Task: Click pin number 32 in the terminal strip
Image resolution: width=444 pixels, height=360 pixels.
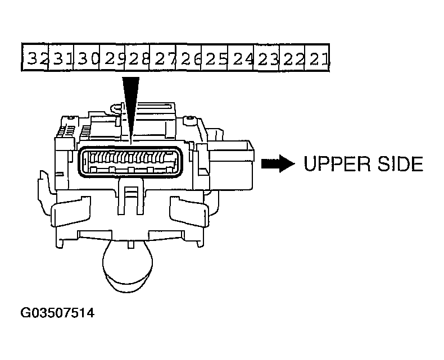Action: click(x=35, y=57)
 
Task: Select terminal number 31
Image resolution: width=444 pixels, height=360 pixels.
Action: click(x=61, y=57)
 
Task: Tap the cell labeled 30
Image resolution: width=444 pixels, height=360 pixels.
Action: click(x=87, y=57)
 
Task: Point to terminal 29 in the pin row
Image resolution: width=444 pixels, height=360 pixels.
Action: click(x=112, y=57)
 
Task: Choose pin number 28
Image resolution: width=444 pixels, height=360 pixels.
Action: click(x=137, y=57)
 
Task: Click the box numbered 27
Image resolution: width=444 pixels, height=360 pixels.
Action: click(x=163, y=57)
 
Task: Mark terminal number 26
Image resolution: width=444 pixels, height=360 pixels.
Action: click(x=189, y=57)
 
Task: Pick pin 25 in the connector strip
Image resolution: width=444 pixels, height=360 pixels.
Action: click(x=214, y=57)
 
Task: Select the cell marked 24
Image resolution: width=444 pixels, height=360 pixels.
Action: click(x=241, y=57)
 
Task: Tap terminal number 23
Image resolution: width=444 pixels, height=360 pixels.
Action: click(x=267, y=57)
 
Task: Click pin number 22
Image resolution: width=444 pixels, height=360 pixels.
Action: click(x=292, y=57)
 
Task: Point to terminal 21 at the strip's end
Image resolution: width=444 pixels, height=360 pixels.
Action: click(x=317, y=57)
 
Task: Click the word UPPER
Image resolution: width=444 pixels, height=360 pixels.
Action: click(x=337, y=163)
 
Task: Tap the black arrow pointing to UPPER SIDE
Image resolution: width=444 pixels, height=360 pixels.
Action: click(x=278, y=163)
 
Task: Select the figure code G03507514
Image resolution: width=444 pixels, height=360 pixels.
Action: click(x=57, y=313)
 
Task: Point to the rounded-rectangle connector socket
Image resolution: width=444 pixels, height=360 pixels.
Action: click(x=130, y=162)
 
